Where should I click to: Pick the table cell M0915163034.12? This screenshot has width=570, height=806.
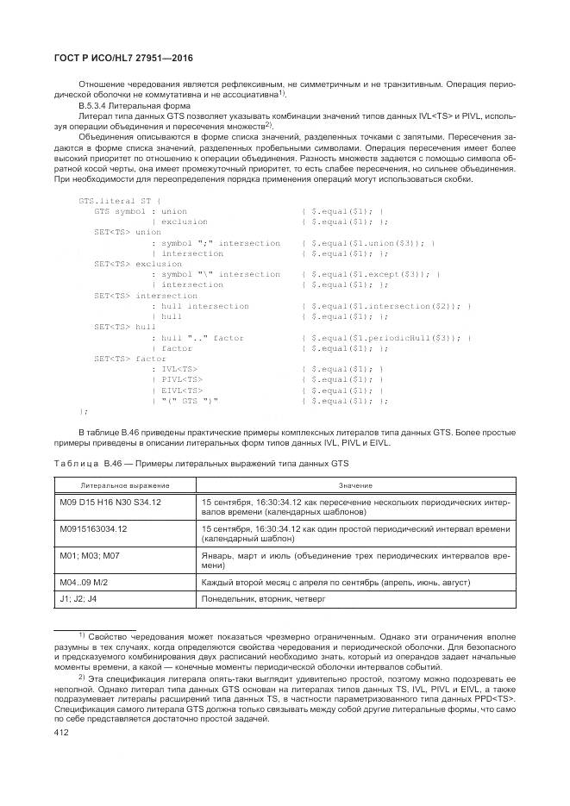click(x=93, y=528)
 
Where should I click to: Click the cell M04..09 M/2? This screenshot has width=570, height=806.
click(x=89, y=583)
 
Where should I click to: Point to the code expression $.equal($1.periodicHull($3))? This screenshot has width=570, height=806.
click(x=386, y=339)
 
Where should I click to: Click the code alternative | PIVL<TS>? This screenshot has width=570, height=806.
click(x=178, y=378)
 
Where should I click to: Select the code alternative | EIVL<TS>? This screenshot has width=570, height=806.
click(x=178, y=390)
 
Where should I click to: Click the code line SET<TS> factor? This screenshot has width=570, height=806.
click(x=130, y=358)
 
